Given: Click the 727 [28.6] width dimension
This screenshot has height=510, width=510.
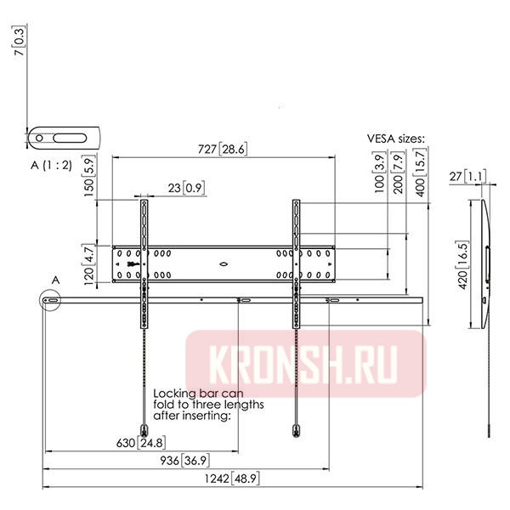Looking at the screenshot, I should click(x=222, y=150).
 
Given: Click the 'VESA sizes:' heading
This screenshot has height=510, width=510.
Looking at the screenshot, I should click(x=395, y=138).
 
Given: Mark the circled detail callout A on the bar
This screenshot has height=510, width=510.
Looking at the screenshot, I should click(x=51, y=300).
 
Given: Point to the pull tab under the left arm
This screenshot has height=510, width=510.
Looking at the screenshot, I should click(x=144, y=428).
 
